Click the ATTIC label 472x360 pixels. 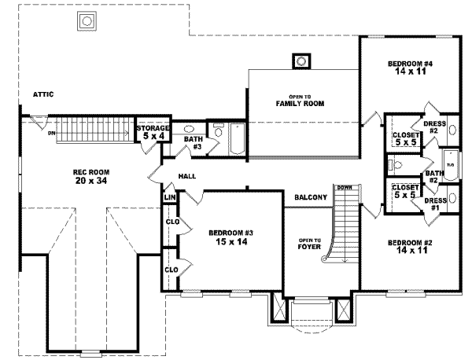pos(42,94)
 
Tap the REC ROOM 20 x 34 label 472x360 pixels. pos(91,176)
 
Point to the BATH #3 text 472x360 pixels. pos(194,143)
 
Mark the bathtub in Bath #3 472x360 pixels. pos(234,139)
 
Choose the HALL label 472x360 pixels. pos(186,176)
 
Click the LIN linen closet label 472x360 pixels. pos(169,197)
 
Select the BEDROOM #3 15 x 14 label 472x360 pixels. pos(229,237)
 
